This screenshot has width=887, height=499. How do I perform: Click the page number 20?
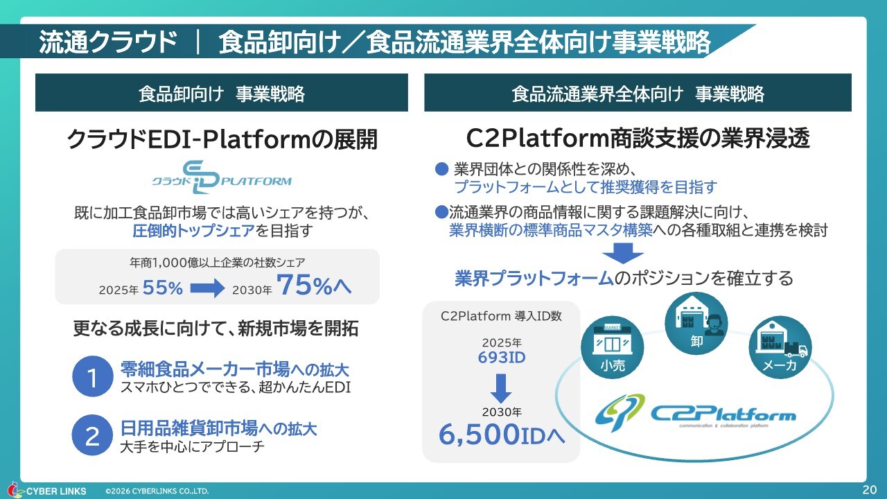(869, 489)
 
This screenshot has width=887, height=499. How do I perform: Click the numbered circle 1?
(92, 377)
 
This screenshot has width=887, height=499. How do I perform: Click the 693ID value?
(501, 358)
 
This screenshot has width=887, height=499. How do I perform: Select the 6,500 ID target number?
(501, 434)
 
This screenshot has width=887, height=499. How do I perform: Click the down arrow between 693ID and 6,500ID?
(500, 389)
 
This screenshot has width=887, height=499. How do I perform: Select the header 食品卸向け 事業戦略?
(222, 94)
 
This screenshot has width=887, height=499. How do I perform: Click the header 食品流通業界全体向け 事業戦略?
(638, 94)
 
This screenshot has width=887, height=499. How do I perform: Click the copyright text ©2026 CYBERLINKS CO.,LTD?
(157, 491)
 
